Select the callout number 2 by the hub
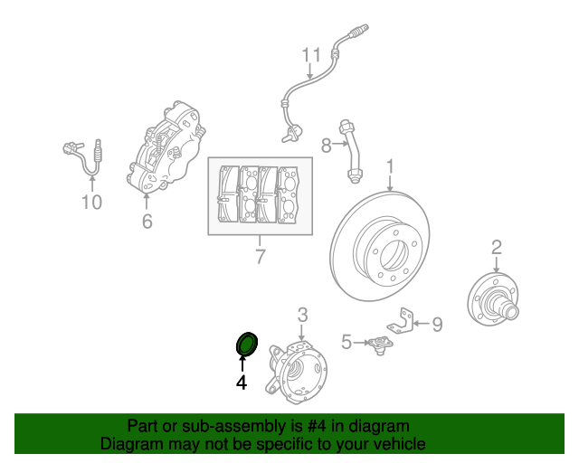pos(497,247)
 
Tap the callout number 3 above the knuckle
pos(303,314)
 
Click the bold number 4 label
pos(242,383)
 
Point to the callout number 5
pos(346,342)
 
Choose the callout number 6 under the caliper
pos(147,221)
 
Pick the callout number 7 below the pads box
pos(260,257)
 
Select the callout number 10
pos(92,202)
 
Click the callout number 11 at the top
pos(311,56)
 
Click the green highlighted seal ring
pos(246,344)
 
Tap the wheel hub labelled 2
pos(494,298)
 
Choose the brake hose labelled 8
pos(352,149)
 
